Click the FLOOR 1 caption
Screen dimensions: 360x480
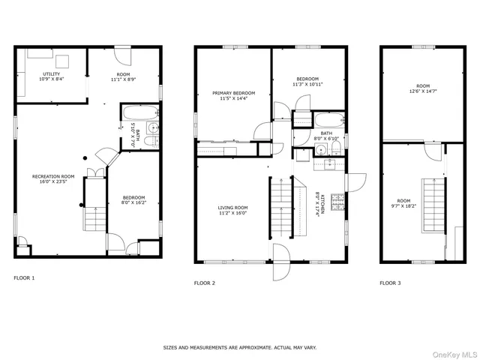pyautogui.click(x=24, y=277)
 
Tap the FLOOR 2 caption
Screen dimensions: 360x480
pyautogui.click(x=205, y=283)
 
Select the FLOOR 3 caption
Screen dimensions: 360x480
pyautogui.click(x=390, y=283)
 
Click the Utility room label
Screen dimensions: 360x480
pyautogui.click(x=51, y=76)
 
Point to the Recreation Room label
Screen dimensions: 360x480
pyautogui.click(x=53, y=178)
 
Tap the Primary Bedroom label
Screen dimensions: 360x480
pyautogui.click(x=233, y=95)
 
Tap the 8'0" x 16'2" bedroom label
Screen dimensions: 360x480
pyautogui.click(x=134, y=201)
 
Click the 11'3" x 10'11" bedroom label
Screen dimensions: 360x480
pyautogui.click(x=307, y=82)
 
